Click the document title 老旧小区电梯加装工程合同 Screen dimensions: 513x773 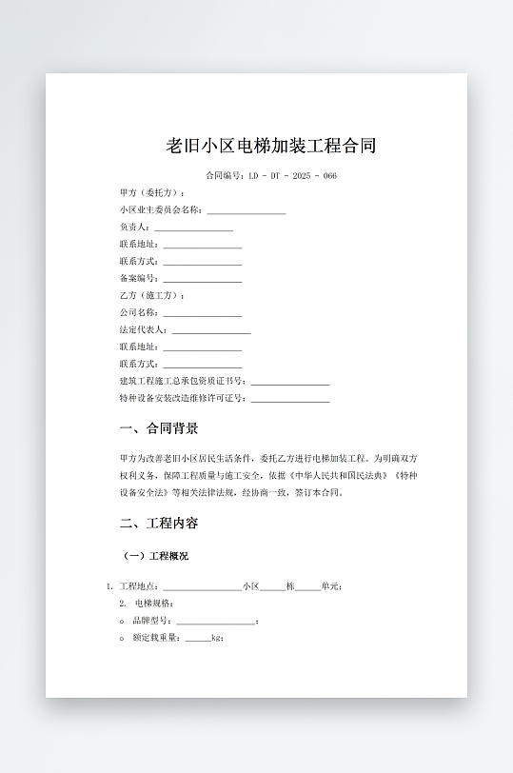click(271, 146)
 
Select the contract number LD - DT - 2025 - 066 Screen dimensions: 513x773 click(292, 176)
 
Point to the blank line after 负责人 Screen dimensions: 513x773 click(193, 229)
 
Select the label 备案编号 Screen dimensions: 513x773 click(139, 279)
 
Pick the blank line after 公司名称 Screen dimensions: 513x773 click(202, 314)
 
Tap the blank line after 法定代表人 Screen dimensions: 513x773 click(210, 331)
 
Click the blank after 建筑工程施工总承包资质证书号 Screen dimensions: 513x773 click(290, 383)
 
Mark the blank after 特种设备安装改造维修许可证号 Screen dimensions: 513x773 click(290, 400)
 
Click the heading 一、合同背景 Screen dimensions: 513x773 click(159, 428)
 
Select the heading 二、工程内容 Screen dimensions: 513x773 click(159, 524)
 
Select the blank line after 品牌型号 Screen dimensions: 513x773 click(215, 622)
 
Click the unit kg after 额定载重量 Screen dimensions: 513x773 click(216, 638)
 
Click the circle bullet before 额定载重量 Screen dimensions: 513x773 click(122, 638)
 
